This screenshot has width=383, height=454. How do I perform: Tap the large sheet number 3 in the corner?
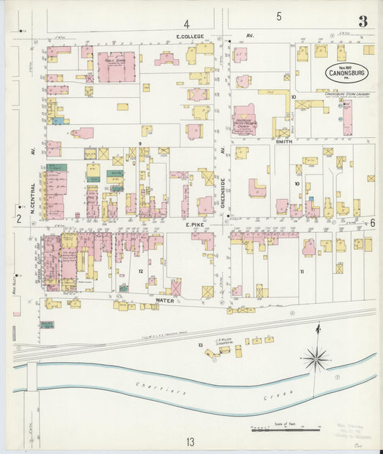click(x=363, y=22)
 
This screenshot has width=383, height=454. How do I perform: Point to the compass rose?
click(x=315, y=356)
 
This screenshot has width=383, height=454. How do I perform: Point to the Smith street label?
click(x=283, y=142)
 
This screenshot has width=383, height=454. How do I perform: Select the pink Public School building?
click(x=116, y=67)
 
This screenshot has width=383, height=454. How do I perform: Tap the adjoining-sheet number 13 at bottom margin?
click(x=190, y=441)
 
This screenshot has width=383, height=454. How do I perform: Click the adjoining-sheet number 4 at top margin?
click(x=187, y=24)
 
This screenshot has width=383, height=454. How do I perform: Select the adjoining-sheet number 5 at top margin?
click(x=279, y=16)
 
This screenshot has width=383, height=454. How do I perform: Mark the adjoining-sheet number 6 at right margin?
click(x=372, y=223)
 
